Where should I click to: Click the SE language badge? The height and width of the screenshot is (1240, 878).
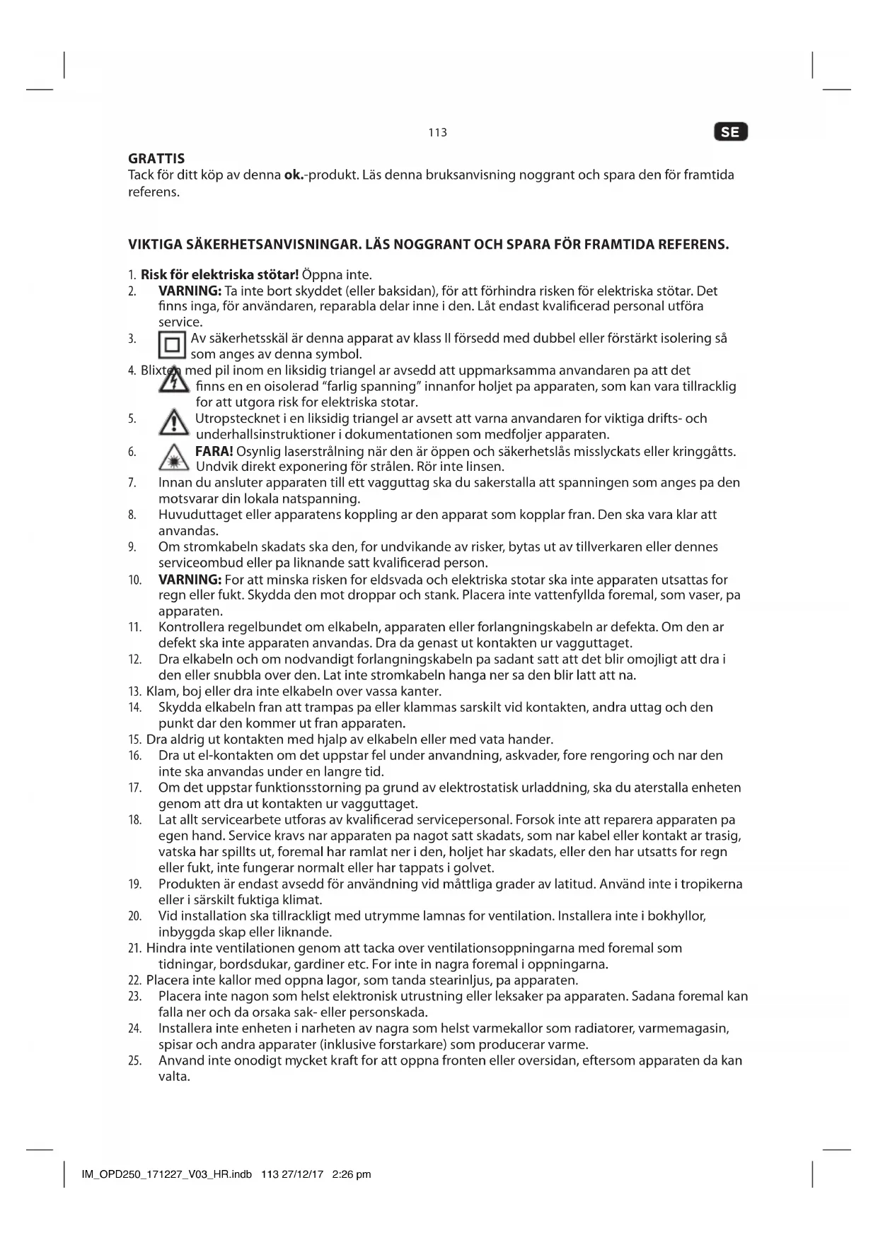(x=731, y=132)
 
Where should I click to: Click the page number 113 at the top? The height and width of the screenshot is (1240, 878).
(x=438, y=133)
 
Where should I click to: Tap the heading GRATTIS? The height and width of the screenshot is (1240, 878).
(x=156, y=158)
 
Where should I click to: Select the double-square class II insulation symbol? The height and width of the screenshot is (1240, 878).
(x=172, y=346)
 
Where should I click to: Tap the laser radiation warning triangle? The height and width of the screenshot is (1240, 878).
(x=173, y=459)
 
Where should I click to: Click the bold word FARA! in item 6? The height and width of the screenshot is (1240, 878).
(x=214, y=451)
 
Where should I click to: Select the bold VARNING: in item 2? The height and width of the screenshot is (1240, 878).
(x=190, y=291)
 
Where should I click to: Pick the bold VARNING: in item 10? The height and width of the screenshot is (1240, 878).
(x=190, y=580)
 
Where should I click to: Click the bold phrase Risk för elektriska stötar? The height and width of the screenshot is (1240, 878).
(x=219, y=275)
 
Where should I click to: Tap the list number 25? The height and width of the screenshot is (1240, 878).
(x=134, y=1061)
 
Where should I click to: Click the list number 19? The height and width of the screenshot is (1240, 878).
(x=134, y=884)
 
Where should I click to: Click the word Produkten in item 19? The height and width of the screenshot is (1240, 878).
(x=187, y=884)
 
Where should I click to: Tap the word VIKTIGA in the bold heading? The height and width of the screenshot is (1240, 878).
(x=154, y=245)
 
